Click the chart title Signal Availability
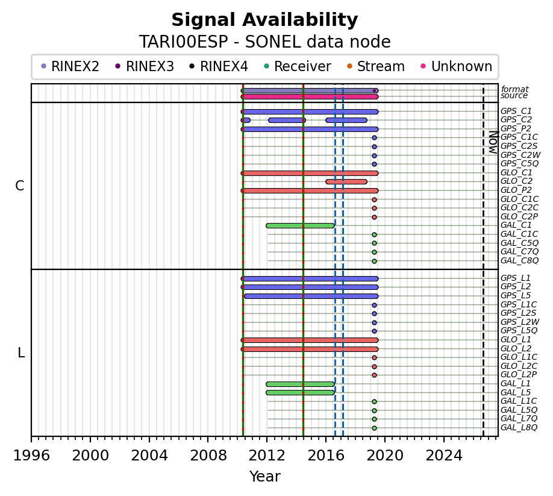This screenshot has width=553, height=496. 264,20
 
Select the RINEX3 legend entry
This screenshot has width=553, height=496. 145,66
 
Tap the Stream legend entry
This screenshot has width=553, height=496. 376,66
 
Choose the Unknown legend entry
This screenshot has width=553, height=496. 457,66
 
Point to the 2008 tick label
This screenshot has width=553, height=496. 208,456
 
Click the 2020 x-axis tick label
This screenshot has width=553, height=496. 385,456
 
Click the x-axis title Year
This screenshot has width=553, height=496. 265,476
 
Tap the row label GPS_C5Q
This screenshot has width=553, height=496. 519,164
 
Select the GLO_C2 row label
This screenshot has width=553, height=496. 516,181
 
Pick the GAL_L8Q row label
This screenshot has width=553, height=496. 519,427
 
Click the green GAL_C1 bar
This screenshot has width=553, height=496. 300,226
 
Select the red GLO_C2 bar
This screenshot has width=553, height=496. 346,181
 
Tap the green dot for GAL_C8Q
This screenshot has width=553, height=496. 374,262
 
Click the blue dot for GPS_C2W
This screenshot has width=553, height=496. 374,155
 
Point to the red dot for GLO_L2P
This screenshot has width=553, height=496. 374,375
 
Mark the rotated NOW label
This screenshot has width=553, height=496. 493,142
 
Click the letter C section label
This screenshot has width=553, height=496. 20,186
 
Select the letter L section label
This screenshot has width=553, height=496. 21,353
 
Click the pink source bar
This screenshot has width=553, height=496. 310,96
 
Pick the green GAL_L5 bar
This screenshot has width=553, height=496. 300,392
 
